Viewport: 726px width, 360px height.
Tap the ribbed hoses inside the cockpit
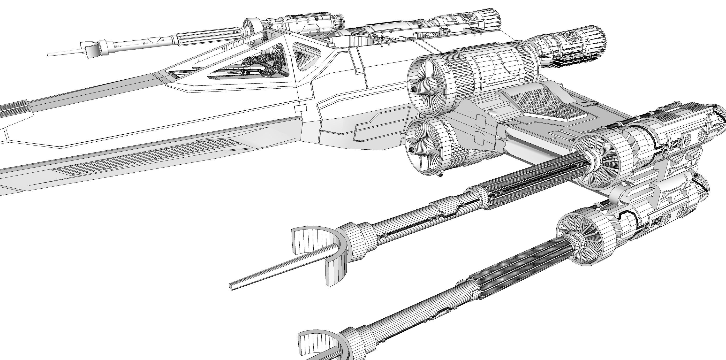point(265,63)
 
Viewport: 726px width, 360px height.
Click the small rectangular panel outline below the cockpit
point(300,108)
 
